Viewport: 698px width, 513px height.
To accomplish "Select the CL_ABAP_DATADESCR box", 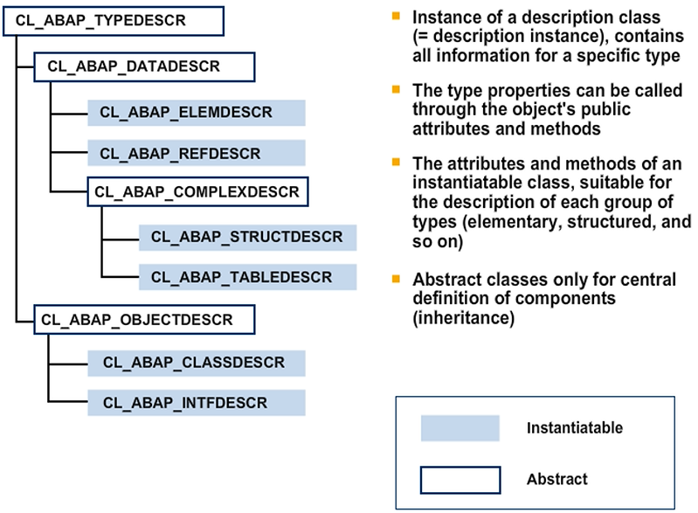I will tap(143, 66).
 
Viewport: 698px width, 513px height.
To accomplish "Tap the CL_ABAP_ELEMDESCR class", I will tap(196, 113).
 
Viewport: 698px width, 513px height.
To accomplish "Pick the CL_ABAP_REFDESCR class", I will tap(196, 153).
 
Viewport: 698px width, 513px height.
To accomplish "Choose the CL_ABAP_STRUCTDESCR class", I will tap(247, 238).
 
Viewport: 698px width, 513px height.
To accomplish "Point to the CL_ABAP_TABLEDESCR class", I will tap(247, 277).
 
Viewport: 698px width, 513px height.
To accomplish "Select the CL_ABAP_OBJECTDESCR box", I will tap(143, 319).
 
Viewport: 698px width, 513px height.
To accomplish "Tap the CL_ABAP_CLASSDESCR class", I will tap(196, 361).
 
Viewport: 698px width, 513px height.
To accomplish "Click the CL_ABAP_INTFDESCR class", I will tap(196, 402).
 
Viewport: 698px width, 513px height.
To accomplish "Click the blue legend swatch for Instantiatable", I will tap(460, 428).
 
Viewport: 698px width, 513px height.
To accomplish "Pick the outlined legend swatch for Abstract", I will tap(460, 479).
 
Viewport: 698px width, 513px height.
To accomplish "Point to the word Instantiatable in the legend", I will tap(574, 428).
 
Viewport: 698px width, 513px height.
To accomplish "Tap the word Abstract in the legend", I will tap(556, 479).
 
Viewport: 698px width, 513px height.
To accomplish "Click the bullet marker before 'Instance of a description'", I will tap(397, 17).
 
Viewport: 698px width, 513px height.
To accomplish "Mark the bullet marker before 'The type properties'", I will tap(397, 90).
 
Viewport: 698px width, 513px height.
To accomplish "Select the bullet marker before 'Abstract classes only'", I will tap(397, 279).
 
